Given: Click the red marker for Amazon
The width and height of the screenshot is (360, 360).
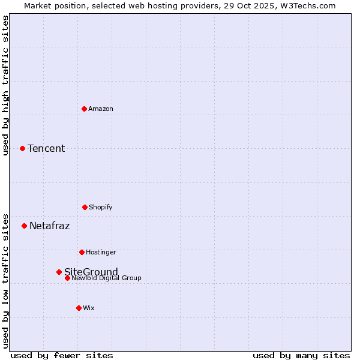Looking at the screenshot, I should [84, 109].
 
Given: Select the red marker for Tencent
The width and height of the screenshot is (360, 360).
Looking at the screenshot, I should [22, 148].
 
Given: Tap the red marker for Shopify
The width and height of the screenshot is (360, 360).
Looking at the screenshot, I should [85, 207].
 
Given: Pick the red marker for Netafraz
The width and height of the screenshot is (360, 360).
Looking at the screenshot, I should [24, 226].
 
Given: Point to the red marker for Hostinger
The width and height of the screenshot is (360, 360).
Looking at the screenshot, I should [82, 252].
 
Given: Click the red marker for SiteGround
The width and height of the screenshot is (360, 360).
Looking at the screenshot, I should [59, 272].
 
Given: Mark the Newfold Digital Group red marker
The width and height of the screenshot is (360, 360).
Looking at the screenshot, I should [67, 278].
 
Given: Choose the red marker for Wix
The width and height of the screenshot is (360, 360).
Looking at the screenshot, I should [79, 308].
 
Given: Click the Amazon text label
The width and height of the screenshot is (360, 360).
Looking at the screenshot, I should [101, 109].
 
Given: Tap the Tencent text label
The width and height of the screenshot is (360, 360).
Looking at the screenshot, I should [46, 148].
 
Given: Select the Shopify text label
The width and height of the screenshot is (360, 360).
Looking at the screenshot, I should [101, 207].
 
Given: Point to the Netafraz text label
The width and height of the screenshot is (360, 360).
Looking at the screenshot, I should [49, 226].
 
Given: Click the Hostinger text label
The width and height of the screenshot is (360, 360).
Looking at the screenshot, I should [101, 252].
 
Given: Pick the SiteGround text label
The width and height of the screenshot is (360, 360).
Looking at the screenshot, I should [91, 271].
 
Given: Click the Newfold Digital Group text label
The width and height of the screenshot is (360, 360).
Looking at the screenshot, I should [106, 278].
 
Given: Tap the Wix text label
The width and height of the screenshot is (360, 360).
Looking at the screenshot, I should [89, 308].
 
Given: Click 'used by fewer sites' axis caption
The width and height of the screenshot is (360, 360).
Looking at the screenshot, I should [62, 355].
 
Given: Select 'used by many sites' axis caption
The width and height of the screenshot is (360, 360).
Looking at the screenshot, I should [301, 355].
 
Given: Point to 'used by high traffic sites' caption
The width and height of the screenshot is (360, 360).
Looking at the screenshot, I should [5, 85].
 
